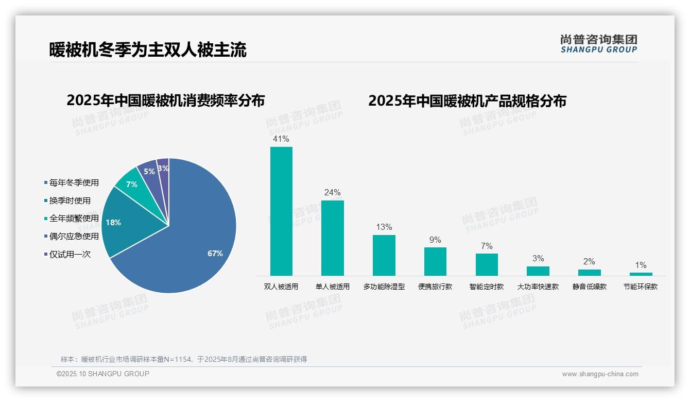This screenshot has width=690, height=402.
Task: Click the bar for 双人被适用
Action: pos(281,211)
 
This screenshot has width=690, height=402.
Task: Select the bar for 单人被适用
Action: pos(332,238)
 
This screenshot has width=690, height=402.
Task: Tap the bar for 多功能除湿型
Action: pos(384,255)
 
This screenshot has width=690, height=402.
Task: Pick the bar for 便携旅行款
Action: pos(435,261)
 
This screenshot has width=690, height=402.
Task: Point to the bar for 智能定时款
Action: pos(487,264)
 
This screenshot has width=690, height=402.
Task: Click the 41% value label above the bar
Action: pos(281,139)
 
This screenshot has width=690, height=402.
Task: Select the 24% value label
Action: pos(332,193)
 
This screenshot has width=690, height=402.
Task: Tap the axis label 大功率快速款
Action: pos(538,287)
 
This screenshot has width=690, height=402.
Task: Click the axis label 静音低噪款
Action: pos(589,287)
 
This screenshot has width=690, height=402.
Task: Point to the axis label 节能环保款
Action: pos(640,287)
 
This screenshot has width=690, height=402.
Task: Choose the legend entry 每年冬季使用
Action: pos(74,183)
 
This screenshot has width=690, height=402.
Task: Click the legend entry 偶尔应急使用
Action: pos(74,237)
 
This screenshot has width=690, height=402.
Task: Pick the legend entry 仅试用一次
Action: pos(70,255)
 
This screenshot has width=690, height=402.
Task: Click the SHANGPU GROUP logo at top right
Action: pos(598,44)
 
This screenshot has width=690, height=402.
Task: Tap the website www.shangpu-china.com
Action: pos(600,374)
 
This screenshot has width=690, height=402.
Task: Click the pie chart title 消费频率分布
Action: pos(165,100)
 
